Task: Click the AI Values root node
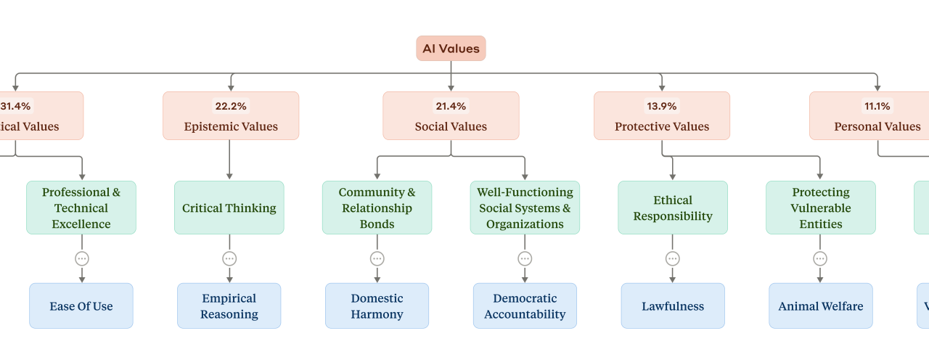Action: tap(451, 49)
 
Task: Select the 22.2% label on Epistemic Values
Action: tap(230, 106)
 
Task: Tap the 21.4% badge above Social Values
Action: tap(451, 106)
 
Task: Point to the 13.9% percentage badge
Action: tap(661, 106)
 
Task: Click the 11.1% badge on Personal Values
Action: tap(877, 106)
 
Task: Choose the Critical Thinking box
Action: tap(229, 208)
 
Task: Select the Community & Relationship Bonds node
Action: tap(377, 208)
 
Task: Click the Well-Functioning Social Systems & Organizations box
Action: tap(525, 208)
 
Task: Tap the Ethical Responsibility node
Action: tap(673, 208)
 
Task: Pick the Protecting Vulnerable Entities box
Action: tap(820, 208)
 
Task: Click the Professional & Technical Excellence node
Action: tap(81, 208)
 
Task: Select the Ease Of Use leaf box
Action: tap(81, 306)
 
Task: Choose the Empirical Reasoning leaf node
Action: tap(229, 306)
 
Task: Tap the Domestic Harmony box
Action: tap(377, 306)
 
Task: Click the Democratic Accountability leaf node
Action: tap(525, 306)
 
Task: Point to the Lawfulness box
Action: tap(673, 306)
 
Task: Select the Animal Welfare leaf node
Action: tap(820, 306)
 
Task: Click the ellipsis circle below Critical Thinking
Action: tap(229, 258)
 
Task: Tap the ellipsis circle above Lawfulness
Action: tap(673, 258)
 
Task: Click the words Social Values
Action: tap(451, 126)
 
